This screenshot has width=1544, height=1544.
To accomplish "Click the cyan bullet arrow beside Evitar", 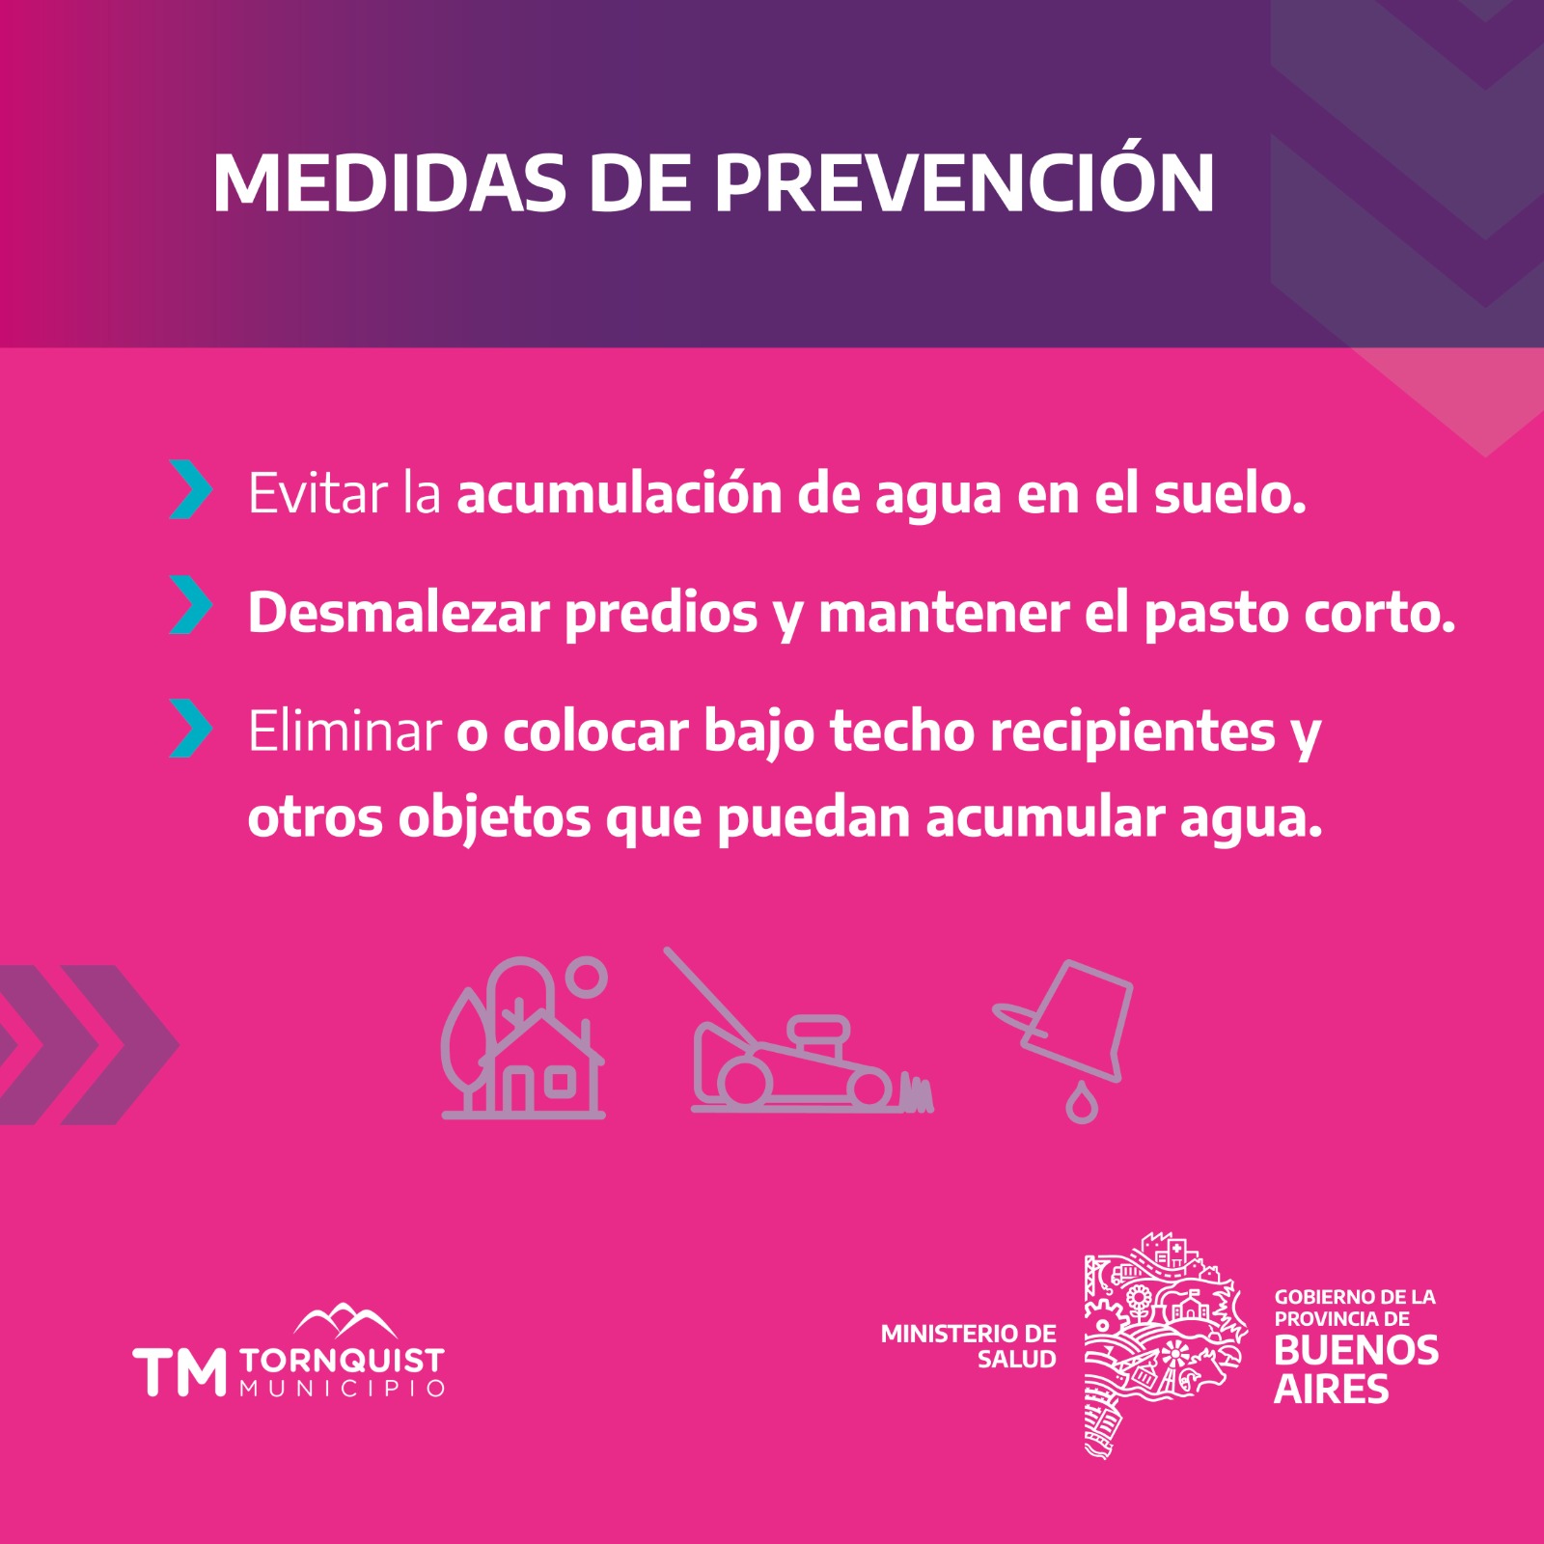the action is [190, 490].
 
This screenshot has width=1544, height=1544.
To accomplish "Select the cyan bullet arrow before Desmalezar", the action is [190, 605].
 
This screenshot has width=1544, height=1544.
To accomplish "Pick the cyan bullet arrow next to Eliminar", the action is [190, 728].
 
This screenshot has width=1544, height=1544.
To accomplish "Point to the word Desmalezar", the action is [399, 612].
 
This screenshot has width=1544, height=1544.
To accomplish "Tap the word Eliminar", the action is [345, 731].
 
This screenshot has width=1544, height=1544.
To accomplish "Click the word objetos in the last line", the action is [494, 818].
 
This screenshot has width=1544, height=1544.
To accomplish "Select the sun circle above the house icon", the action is [586, 977].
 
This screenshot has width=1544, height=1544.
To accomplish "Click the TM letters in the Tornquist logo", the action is [179, 1371].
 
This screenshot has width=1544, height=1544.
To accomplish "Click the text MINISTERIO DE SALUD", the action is [968, 1346].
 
